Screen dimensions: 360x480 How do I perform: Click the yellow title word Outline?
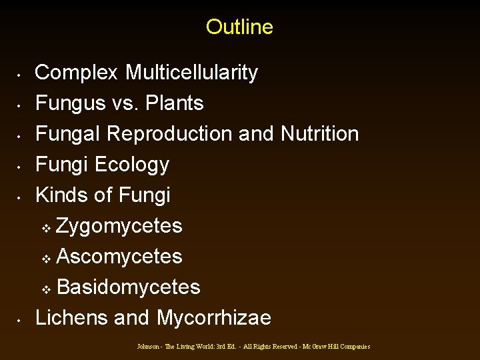(239, 27)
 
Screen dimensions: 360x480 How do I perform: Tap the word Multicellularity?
(191, 73)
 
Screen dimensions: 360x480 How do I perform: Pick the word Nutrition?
(319, 134)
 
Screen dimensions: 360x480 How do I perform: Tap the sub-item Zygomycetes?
(119, 226)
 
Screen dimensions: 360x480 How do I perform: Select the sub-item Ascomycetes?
(119, 257)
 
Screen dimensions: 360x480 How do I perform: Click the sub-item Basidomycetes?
(129, 287)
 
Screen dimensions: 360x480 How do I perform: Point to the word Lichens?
(72, 318)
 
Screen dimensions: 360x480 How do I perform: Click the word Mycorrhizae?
(213, 318)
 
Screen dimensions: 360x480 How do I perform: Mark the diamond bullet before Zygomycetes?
(46, 228)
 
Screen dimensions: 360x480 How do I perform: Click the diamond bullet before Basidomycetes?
(46, 289)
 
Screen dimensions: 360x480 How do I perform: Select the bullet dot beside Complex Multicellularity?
(21, 74)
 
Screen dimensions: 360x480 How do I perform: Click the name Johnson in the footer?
(147, 347)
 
